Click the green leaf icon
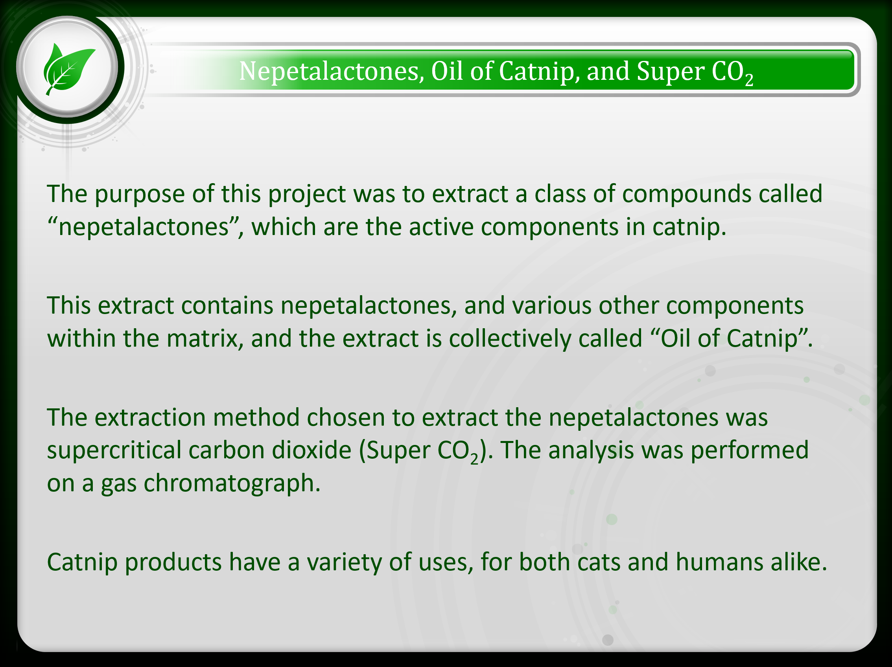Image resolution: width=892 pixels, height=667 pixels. [68, 68]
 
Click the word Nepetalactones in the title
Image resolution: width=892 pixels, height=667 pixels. [331, 71]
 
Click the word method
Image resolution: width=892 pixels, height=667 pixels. [256, 417]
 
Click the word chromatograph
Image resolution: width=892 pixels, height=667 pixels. [232, 483]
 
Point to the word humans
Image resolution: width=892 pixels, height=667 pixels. [719, 562]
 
